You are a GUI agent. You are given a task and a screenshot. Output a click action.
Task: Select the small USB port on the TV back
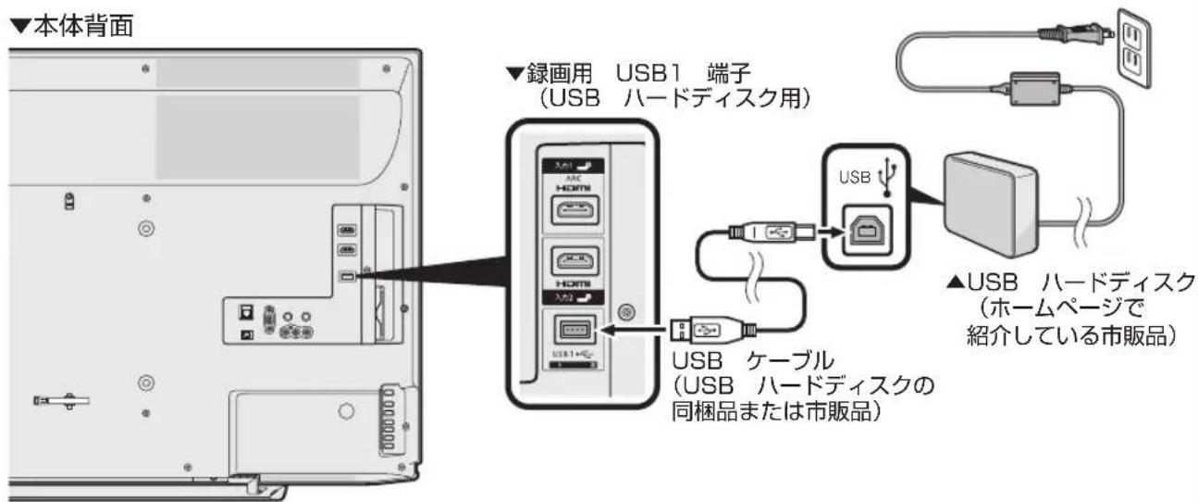coord(345,275)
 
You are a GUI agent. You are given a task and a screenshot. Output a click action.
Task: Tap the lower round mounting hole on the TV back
coord(144,381)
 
